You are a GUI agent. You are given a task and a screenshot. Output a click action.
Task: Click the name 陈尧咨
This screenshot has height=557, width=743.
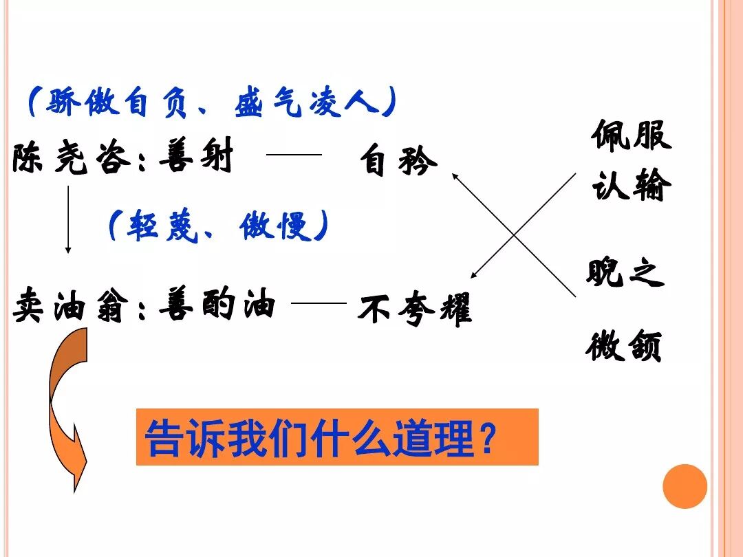click(71, 157)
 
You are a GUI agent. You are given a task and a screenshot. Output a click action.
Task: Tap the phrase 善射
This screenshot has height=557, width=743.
click(196, 156)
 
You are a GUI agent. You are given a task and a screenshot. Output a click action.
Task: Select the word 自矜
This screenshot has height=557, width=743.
click(398, 162)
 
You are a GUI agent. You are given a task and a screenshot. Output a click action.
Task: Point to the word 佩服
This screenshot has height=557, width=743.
click(630, 135)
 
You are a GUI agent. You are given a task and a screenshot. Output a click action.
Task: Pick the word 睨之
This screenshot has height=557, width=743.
click(625, 272)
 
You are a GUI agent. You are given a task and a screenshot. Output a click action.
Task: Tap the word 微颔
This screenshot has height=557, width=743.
click(623, 345)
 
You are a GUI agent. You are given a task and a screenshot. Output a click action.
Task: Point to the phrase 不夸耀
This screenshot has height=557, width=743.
click(414, 309)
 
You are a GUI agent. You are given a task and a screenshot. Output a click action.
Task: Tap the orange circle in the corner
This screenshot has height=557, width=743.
click(685, 486)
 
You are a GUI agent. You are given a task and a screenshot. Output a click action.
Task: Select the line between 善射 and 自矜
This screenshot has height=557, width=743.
click(294, 155)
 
